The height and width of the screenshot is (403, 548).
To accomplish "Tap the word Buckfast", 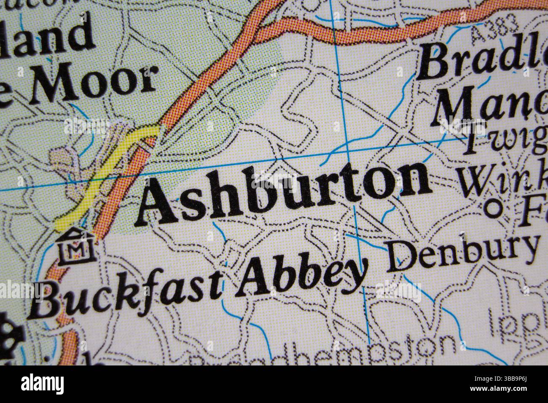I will coord(126,295).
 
